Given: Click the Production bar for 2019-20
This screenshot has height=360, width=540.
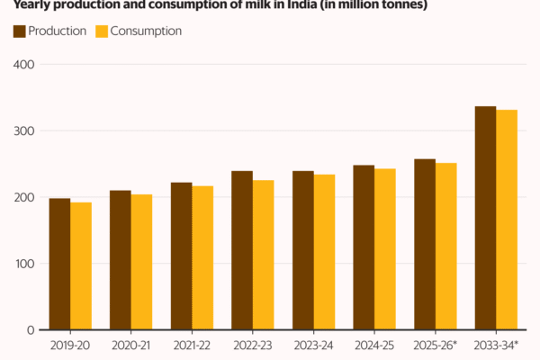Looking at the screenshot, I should click(59, 264).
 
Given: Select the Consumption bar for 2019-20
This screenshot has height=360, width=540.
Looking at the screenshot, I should click(81, 266).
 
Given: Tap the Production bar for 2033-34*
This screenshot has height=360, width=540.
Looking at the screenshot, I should click(485, 218).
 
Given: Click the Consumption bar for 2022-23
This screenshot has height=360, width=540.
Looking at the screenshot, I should click(263, 255).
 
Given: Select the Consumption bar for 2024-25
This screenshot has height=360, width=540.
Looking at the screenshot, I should click(385, 249).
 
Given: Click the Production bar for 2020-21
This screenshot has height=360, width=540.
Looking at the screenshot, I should click(121, 260).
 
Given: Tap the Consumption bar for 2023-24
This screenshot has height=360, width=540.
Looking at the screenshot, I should click(324, 252).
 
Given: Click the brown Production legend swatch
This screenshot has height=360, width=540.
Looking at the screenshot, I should click(20, 31).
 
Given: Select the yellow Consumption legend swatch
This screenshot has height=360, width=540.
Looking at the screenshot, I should click(102, 31).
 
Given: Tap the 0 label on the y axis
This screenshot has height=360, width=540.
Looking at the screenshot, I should click(31, 330).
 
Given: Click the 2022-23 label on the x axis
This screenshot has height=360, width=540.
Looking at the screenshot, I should click(252, 345).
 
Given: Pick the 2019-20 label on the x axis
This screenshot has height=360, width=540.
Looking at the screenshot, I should click(70, 345).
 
